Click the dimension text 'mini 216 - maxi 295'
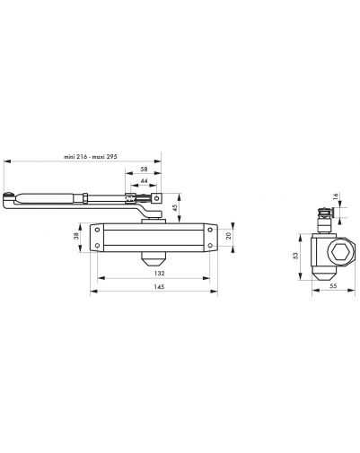pyautogui.click(x=91, y=156)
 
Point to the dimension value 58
pyautogui.click(x=144, y=169)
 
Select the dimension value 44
pyautogui.click(x=145, y=180)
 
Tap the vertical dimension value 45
pyautogui.click(x=175, y=206)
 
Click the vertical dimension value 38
pyautogui.click(x=76, y=236)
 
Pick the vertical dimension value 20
pyautogui.click(x=229, y=236)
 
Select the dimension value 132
pyautogui.click(x=159, y=273)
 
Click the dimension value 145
pyautogui.click(x=159, y=286)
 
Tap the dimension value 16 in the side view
pyautogui.click(x=335, y=196)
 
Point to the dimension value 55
pyautogui.click(x=333, y=285)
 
